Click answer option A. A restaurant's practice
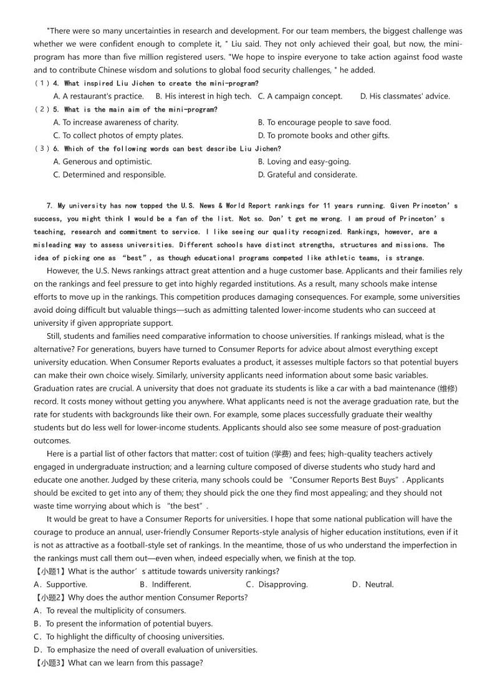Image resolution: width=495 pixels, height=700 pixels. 99,96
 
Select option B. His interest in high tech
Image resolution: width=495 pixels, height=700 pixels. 203,96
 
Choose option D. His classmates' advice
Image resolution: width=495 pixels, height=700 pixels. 405,96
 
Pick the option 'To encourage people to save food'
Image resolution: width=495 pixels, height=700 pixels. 324,122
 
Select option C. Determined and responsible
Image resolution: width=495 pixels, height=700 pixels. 110,174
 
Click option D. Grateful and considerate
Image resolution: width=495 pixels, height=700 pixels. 307,174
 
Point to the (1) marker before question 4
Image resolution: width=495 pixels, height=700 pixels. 42,83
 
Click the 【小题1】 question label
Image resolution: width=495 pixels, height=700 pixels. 50,571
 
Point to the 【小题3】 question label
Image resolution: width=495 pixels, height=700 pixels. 50,663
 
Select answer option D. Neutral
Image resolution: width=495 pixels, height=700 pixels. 373,584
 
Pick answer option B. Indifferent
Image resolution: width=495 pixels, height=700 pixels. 165,584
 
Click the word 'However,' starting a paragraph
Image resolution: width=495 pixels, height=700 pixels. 62,271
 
